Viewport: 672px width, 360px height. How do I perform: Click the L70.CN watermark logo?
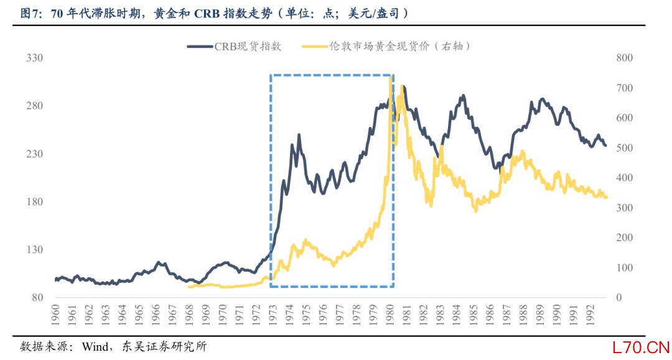click(640, 346)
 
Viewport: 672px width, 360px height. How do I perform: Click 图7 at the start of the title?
click(29, 13)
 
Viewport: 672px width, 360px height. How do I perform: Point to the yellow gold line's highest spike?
click(390, 77)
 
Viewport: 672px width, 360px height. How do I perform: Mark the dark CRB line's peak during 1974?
click(299, 135)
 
